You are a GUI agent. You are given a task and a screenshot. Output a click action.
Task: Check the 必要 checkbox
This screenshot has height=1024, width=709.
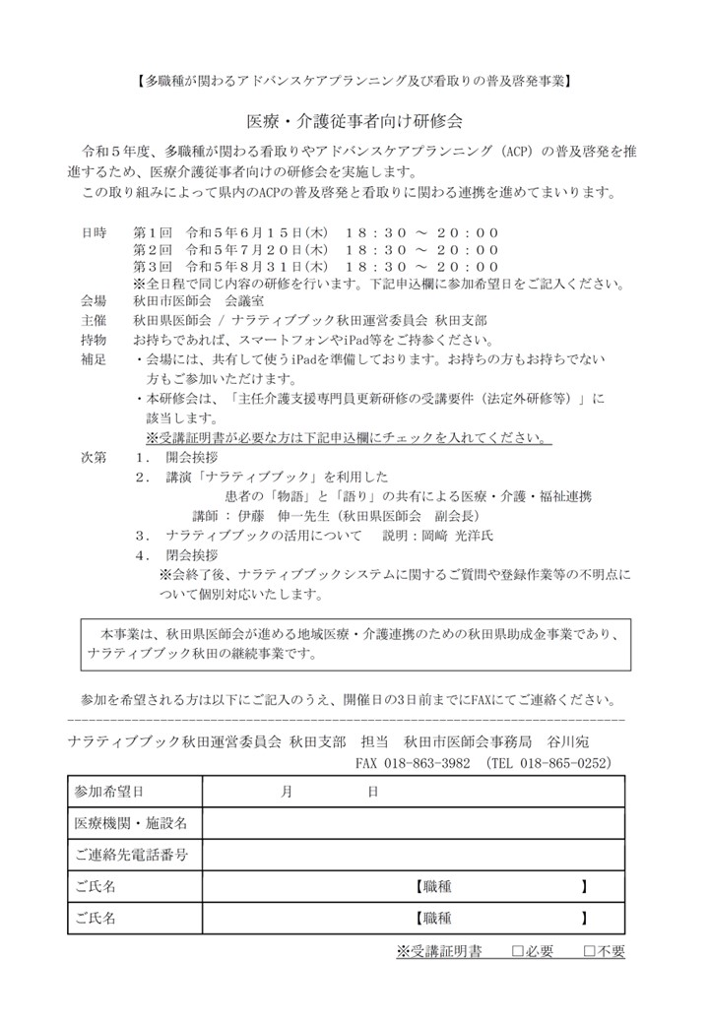[x=518, y=951]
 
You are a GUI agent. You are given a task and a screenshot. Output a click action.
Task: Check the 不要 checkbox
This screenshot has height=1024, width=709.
[x=589, y=951]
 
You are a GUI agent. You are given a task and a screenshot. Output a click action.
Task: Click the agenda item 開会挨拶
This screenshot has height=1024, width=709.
[x=192, y=458]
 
